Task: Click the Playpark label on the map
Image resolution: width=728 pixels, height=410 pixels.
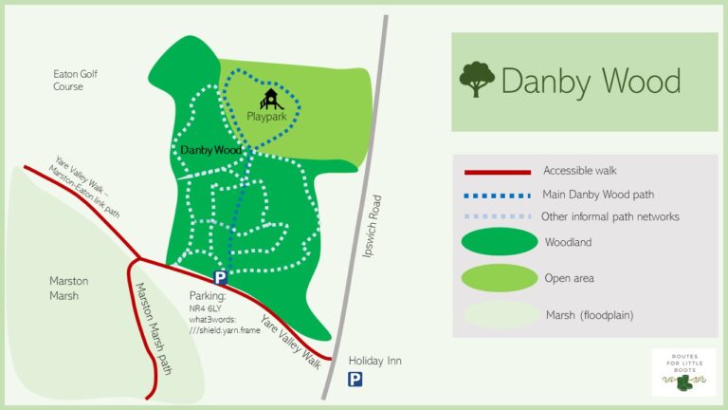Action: pos(266,117)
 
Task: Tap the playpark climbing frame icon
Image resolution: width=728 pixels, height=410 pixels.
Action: pos(270,98)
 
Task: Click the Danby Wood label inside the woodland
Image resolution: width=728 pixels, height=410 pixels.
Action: pos(211,150)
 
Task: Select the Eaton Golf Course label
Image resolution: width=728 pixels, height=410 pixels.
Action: pos(76,80)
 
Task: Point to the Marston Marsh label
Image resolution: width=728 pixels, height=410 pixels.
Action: pos(68,289)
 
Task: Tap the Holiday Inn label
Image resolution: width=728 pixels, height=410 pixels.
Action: pos(375,361)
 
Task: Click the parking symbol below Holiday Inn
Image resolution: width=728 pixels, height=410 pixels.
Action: pos(355,380)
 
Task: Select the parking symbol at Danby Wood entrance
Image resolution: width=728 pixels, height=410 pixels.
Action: pos(220,278)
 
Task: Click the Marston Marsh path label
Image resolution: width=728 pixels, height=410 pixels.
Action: pos(155,328)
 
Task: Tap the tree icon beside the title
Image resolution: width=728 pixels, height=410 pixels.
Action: pos(477,80)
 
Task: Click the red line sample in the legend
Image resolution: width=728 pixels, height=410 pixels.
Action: pos(498,173)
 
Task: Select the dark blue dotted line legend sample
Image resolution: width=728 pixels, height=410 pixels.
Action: pos(498,196)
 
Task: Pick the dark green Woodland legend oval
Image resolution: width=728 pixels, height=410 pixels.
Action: pos(500,242)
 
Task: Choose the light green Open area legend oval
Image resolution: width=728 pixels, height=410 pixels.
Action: pos(500,278)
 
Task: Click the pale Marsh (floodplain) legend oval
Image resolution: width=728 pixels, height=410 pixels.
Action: pos(500,315)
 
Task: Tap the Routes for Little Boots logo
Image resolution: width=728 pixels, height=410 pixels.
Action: pos(683,372)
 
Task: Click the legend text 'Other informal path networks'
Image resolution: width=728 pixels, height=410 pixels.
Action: pos(610,216)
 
